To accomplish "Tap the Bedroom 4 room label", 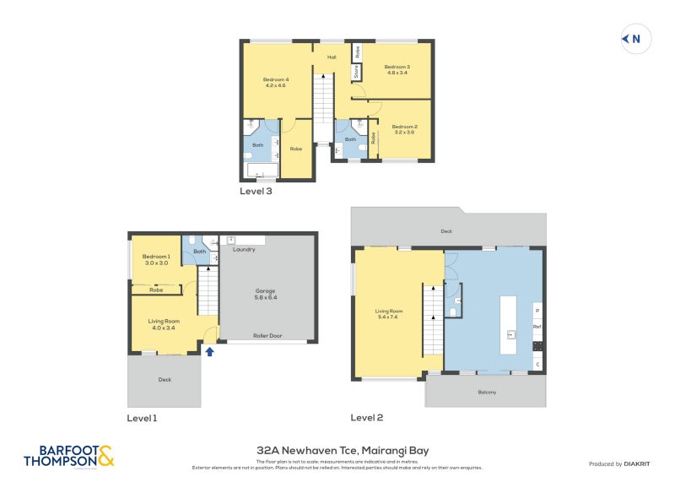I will click(275, 82).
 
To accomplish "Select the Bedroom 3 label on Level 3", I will click(397, 70).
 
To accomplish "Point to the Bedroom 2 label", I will click(404, 129).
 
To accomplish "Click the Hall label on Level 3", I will click(332, 57).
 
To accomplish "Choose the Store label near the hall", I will click(357, 71).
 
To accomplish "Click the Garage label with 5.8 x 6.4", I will click(266, 294).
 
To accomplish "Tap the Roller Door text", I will click(267, 335).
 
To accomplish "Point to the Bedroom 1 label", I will click(156, 260).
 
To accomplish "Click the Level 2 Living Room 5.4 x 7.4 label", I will click(389, 314).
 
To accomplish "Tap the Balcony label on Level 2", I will click(487, 392).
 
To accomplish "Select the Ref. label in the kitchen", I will click(537, 327).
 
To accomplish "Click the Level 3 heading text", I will click(256, 191).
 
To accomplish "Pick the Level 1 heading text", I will click(142, 418).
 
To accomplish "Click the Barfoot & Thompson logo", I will click(68, 457).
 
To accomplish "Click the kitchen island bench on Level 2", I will click(508, 324).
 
